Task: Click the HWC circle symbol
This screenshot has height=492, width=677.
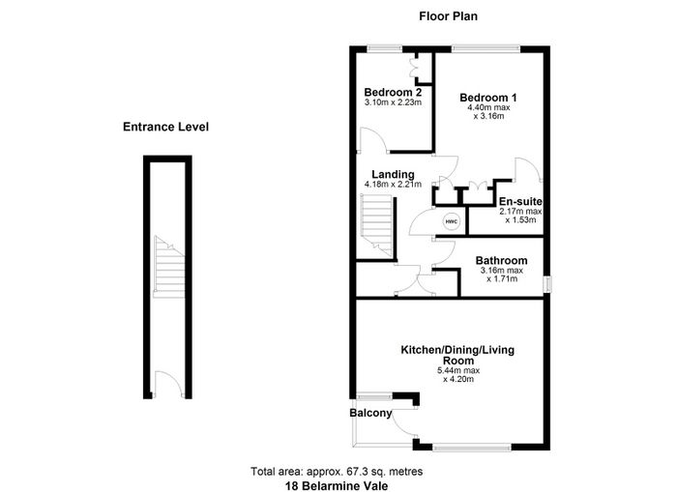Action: [452, 221]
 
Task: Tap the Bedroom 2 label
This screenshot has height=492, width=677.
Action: [393, 93]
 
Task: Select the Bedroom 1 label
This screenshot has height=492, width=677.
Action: [488, 98]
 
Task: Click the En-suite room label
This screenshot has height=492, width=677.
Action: [520, 202]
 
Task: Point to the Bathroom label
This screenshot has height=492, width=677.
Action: [501, 261]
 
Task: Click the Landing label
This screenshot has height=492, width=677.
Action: [393, 175]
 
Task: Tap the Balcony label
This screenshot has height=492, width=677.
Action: [370, 413]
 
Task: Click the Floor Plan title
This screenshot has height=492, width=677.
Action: [448, 16]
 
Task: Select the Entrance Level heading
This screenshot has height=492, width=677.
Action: [165, 127]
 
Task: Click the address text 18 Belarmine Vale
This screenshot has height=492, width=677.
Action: [337, 486]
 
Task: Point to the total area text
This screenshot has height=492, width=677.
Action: [337, 472]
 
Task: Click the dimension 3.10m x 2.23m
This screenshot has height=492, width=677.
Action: [393, 102]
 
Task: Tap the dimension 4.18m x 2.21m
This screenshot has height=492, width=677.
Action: [393, 185]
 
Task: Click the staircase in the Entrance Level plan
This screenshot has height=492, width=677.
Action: [169, 267]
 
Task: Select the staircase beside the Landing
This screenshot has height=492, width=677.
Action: [376, 226]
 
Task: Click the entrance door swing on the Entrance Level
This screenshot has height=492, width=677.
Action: [168, 384]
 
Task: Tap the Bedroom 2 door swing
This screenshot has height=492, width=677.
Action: [374, 139]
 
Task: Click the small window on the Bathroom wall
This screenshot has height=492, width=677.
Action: [547, 284]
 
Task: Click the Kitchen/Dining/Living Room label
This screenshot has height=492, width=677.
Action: [457, 355]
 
